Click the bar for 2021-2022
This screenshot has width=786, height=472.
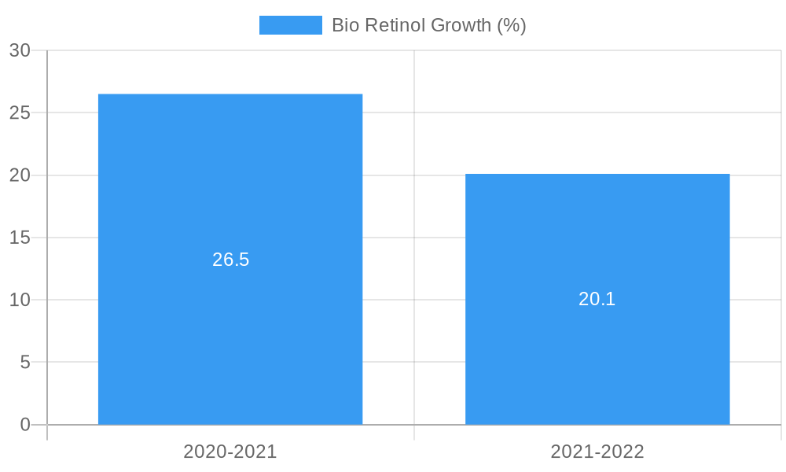coord(597,236)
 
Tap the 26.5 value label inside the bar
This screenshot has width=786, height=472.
coord(230,260)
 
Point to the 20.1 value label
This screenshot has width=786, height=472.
coord(597,299)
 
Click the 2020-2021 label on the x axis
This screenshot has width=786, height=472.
coord(230,452)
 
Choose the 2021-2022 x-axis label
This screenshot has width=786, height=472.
coord(597,452)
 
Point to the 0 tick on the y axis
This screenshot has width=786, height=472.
coord(24,425)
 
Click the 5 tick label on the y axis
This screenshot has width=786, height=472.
coord(24,363)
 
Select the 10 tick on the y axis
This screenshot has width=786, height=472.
coord(20,300)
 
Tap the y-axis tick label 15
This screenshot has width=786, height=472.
coord(20,238)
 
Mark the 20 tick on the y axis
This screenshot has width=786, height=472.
coord(20,175)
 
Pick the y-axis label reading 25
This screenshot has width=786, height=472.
coord(20,112)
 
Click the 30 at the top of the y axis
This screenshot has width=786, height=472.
coord(20,50)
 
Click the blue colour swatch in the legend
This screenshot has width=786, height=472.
coord(291,25)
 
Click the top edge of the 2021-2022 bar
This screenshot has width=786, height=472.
coord(597,174)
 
